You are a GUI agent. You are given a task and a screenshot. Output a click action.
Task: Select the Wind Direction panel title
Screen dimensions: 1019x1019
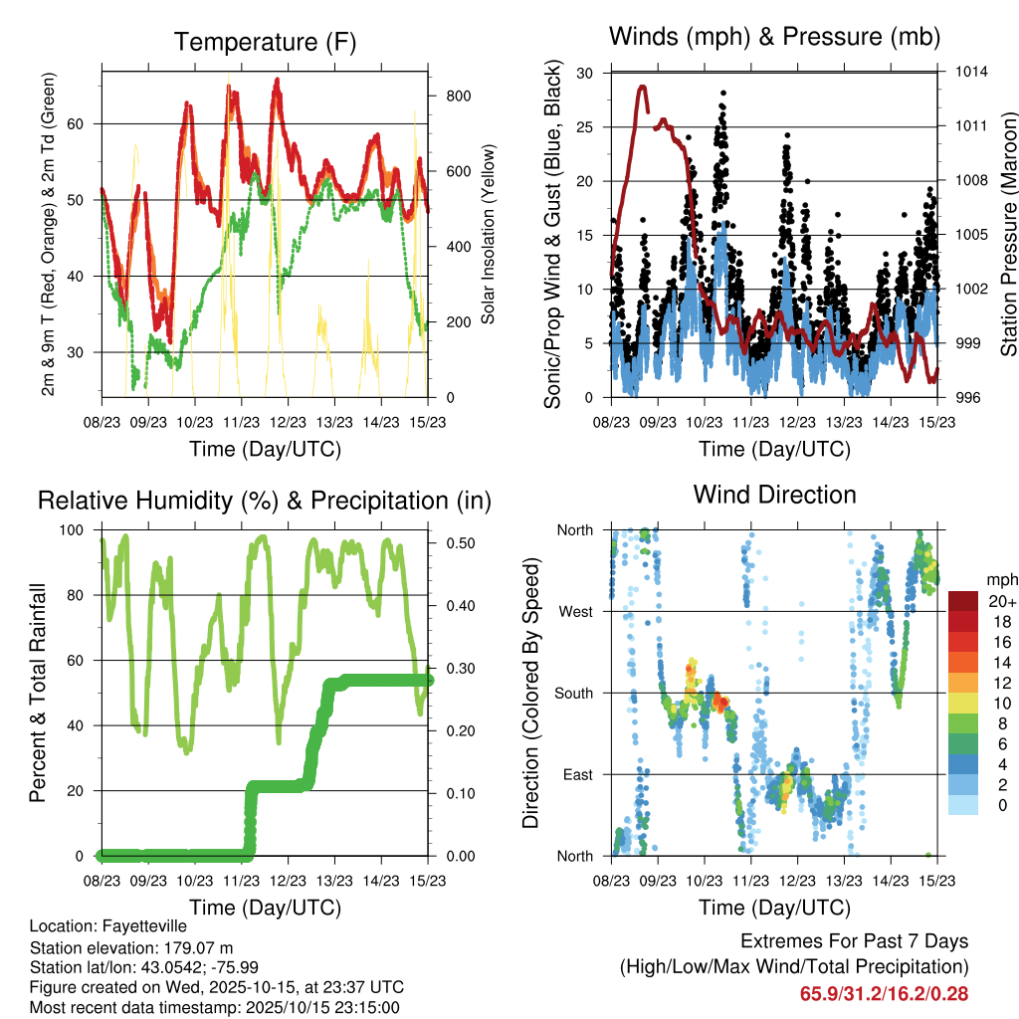[774, 494]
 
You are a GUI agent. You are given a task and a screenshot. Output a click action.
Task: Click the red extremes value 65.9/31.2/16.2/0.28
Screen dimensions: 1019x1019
[884, 993]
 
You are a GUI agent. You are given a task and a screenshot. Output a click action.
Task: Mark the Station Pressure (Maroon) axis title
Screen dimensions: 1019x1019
[1007, 236]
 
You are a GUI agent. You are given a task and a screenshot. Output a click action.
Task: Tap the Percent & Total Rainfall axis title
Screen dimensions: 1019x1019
[38, 694]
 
